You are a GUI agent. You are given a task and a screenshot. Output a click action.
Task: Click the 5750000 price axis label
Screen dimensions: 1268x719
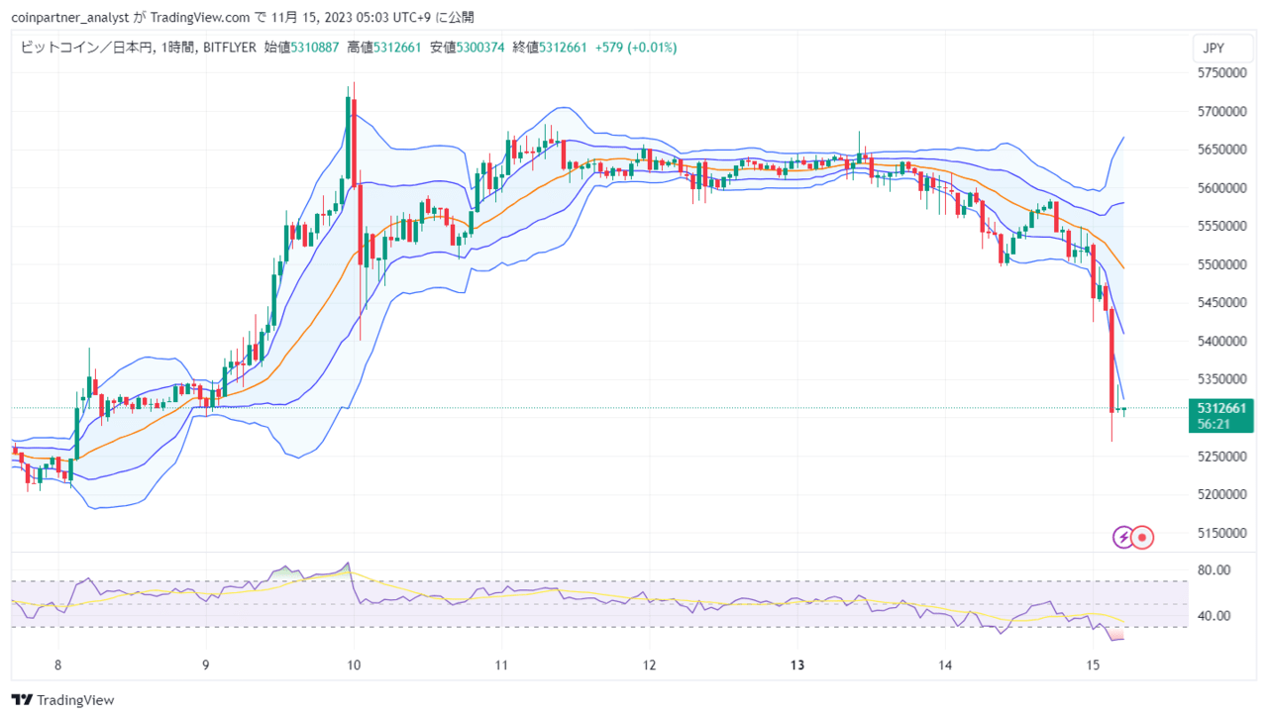(1221, 72)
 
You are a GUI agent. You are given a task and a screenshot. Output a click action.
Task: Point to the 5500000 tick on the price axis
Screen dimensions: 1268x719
(1221, 264)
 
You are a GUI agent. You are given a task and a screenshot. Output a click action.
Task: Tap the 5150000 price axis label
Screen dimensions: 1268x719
(1221, 533)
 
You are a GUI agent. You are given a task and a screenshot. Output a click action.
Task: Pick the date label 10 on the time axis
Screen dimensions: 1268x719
(354, 665)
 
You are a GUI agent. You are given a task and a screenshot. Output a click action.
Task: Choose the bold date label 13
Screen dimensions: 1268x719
(797, 665)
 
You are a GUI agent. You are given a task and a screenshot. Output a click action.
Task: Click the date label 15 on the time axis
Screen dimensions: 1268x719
(1093, 665)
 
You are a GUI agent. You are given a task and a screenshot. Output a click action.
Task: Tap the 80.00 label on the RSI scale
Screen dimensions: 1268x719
(1214, 570)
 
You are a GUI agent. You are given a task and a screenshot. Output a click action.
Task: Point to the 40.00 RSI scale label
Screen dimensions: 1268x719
(1214, 616)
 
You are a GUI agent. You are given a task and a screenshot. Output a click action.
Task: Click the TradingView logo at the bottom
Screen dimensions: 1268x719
(62, 700)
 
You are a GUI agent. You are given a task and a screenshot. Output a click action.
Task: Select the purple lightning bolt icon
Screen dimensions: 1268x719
(1123, 537)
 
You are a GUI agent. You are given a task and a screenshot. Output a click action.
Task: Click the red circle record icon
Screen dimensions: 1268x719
(1142, 537)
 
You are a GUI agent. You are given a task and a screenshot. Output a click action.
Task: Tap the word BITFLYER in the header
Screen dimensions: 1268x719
(229, 48)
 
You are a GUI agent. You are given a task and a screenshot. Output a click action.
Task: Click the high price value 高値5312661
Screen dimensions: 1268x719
(383, 48)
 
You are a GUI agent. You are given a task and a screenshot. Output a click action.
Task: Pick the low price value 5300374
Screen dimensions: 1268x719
(480, 48)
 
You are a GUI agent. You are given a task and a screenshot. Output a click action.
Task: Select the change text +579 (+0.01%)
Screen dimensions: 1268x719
(636, 48)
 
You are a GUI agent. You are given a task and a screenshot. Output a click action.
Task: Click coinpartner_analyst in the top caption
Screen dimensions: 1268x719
(70, 18)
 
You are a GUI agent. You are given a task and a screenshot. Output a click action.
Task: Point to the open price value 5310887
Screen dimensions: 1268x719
(315, 48)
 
